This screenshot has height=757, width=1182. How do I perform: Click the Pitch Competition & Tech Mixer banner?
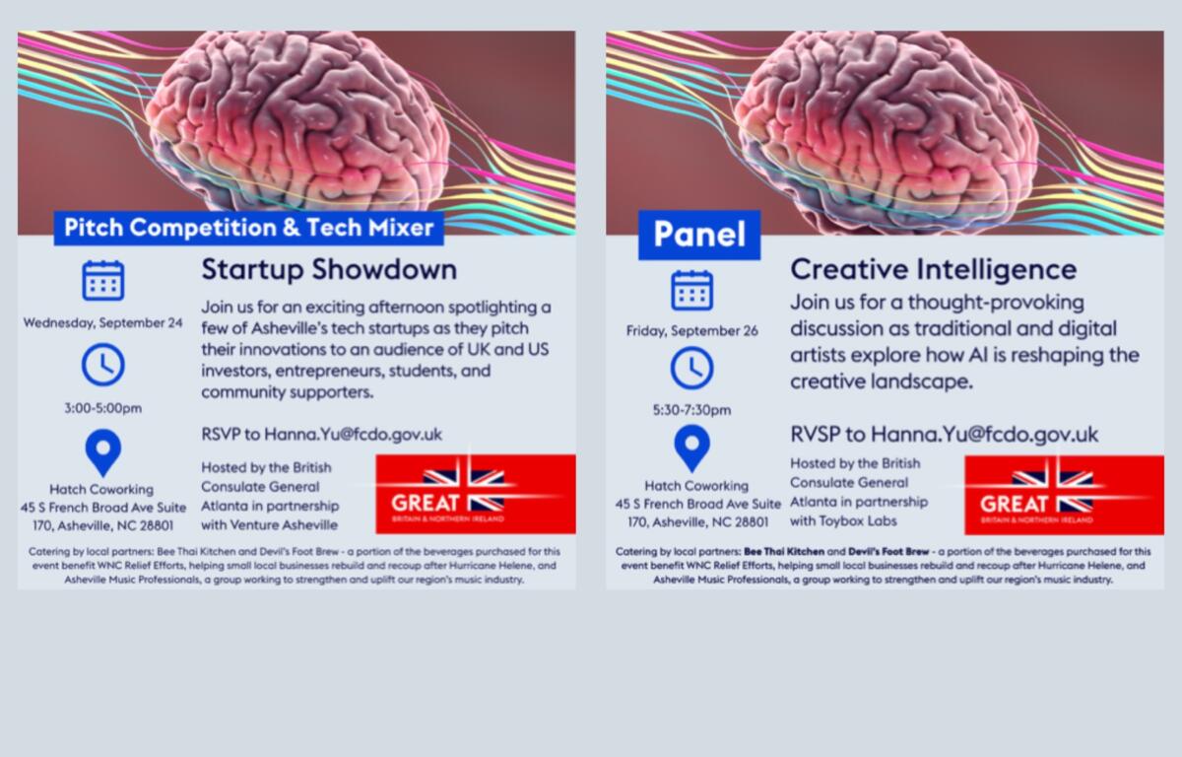248,228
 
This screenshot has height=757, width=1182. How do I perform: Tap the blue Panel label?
699,235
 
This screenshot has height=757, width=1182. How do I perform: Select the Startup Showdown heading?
329,270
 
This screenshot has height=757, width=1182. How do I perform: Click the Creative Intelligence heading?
933,269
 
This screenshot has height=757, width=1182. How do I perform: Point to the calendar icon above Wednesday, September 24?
102,280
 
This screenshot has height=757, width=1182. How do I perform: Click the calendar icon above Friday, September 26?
691,290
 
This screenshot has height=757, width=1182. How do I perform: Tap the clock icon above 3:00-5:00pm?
102,365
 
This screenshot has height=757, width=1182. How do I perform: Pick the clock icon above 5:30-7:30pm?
691,368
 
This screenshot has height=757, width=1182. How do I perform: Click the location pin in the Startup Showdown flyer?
102,452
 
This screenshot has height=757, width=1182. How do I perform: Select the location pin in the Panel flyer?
691,448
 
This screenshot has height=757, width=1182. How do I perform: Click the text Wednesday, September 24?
102,322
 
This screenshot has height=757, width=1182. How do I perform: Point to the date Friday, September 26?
691,331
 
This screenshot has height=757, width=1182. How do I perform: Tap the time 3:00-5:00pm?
102,408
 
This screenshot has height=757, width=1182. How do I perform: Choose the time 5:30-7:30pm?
691,410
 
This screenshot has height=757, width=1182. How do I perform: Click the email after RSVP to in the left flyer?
353,434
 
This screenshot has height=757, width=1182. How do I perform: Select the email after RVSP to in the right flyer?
984,434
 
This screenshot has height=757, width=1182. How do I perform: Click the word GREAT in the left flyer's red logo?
425,503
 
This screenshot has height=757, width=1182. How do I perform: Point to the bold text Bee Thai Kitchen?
784,552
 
